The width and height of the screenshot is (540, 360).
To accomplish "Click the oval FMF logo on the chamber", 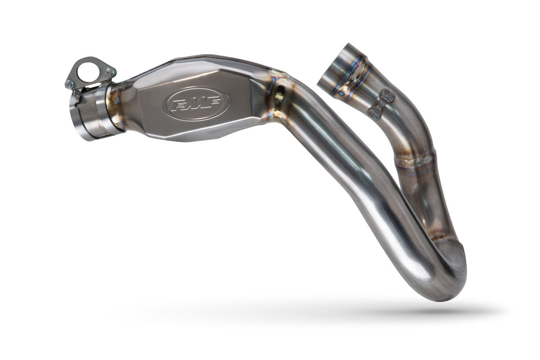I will pos(196,103).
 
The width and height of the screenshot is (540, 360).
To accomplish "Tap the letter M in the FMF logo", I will pos(195,103).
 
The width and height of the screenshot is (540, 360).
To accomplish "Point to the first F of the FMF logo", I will pos(178,104).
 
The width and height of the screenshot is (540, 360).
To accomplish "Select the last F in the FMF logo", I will pos(213,101).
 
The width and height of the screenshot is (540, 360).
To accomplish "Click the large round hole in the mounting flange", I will pos(88,71).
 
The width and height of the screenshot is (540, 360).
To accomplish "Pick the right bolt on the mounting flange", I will pos(110,72).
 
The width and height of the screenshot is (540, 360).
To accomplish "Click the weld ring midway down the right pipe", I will pos(415,160).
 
